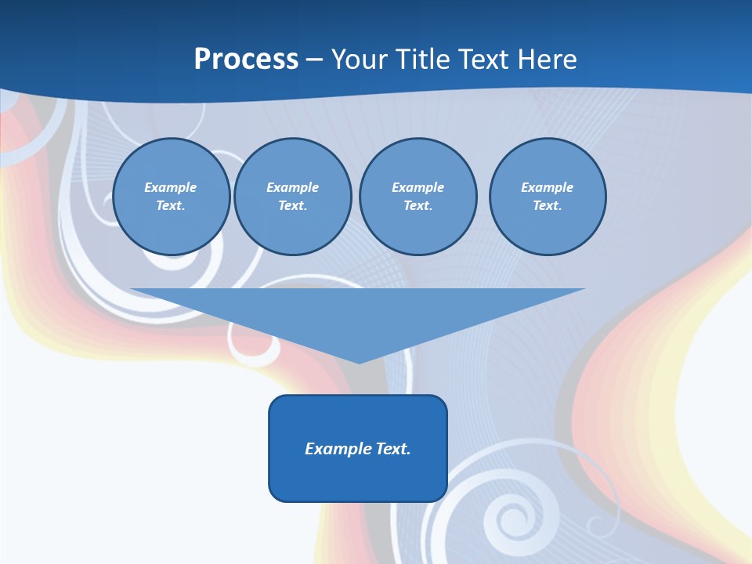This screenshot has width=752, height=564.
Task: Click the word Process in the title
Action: tap(246, 60)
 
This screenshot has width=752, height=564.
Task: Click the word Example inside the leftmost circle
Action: tap(171, 187)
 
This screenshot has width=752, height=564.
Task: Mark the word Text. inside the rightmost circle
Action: tap(547, 205)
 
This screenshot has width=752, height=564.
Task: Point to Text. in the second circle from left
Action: tap(292, 205)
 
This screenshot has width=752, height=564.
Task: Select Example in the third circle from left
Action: tap(418, 187)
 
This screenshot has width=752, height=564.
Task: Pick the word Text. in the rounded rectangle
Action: tap(393, 449)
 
